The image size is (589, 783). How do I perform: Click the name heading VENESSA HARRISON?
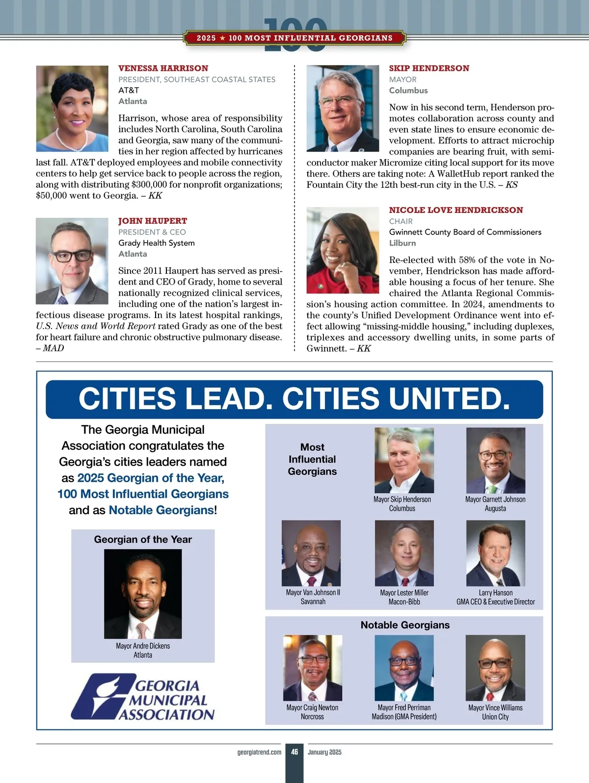pos(163,68)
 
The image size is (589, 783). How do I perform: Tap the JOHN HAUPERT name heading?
pos(153,221)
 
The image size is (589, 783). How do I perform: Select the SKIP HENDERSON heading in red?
pos(429,68)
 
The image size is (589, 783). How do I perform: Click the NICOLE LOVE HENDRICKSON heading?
pos(456,210)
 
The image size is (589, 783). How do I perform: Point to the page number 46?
pos(294,752)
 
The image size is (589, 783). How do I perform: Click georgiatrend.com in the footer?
pos(259,752)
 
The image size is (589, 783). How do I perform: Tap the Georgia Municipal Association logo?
pos(143,697)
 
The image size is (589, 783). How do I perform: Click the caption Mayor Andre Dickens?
pos(143,646)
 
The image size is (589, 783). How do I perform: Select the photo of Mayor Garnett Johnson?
pos(495,460)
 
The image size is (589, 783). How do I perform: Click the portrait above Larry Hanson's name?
pos(495,553)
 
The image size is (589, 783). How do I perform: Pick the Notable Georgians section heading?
pos(405,625)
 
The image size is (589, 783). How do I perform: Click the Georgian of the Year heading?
pos(143,539)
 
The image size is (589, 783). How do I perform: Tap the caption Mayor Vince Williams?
pos(495,707)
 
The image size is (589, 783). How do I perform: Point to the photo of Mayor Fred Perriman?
pos(404,668)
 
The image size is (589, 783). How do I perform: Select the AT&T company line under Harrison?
pos(129,90)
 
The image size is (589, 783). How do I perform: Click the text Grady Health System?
pos(157,243)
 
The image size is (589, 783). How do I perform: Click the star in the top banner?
pos(222,38)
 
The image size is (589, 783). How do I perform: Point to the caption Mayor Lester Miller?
pos(404,593)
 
